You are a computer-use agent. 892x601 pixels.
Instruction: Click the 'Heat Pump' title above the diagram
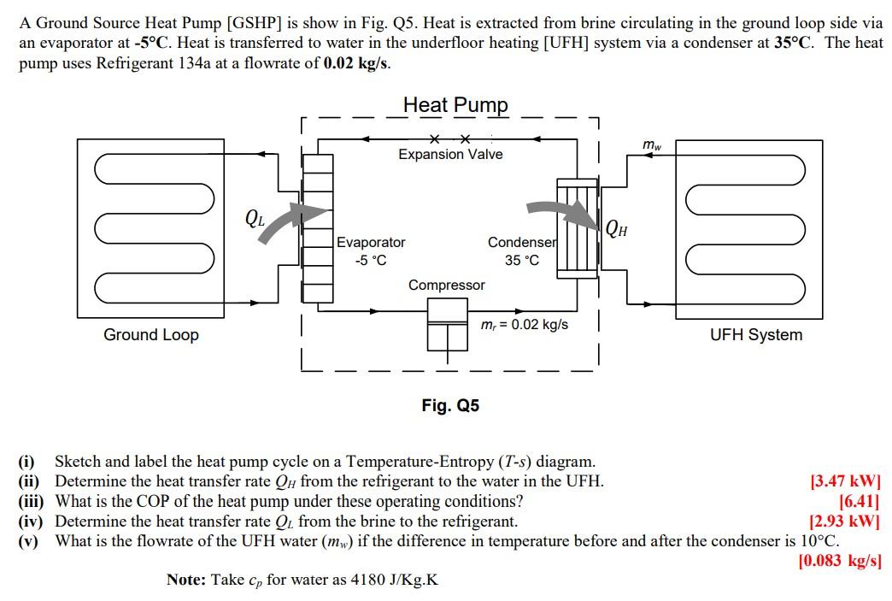pyautogui.click(x=455, y=105)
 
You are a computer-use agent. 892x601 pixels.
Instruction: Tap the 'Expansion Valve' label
pyautogui.click(x=450, y=155)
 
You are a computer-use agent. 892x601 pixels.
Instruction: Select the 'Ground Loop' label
pyautogui.click(x=151, y=335)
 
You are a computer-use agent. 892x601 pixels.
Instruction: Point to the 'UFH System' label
pyautogui.click(x=756, y=335)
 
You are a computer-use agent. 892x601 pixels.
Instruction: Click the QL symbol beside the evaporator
pyautogui.click(x=255, y=217)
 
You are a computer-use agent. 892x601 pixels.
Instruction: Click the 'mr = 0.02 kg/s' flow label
pyautogui.click(x=525, y=325)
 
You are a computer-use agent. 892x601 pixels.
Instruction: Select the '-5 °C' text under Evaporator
pyautogui.click(x=370, y=260)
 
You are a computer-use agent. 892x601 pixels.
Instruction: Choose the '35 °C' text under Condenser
pyautogui.click(x=521, y=260)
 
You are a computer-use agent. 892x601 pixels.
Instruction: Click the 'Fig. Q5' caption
pyautogui.click(x=450, y=405)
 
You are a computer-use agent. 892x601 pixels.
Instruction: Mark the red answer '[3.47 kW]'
pyautogui.click(x=844, y=480)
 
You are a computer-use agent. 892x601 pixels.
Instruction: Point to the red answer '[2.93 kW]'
pyautogui.click(x=844, y=521)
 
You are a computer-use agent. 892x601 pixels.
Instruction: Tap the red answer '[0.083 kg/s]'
pyautogui.click(x=838, y=561)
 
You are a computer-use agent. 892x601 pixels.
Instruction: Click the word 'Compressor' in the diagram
pyautogui.click(x=446, y=286)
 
